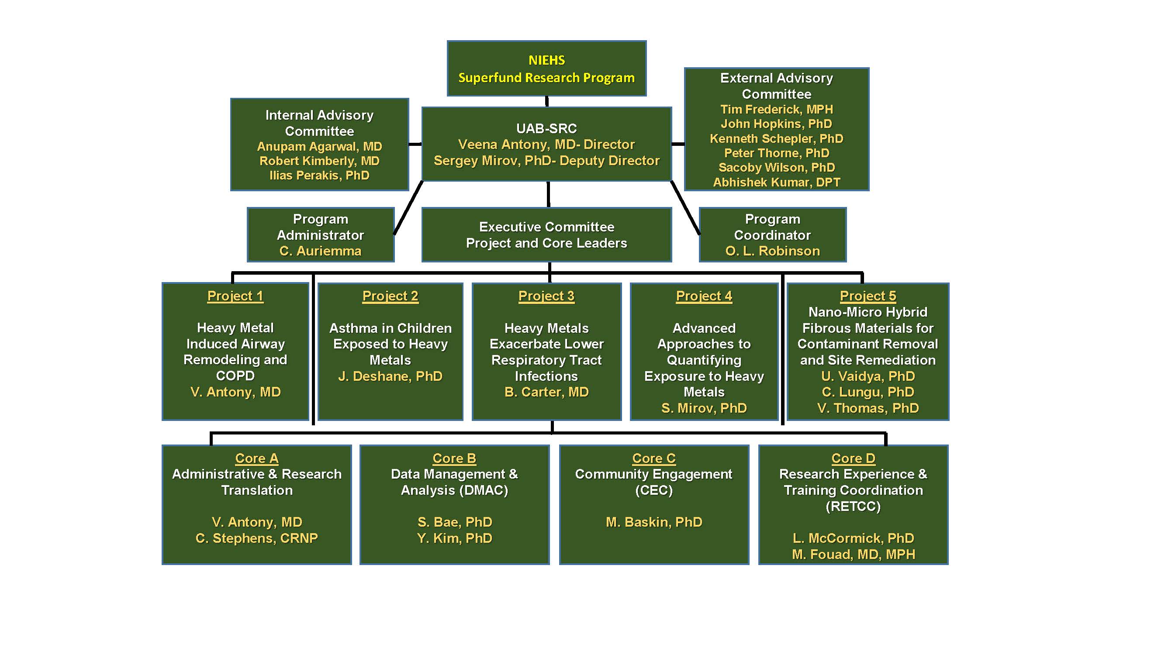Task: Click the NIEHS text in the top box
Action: pos(546,60)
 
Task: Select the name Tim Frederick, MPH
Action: pos(776,110)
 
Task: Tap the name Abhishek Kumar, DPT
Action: pos(776,182)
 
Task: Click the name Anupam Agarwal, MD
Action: pos(319,146)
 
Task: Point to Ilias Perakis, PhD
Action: pos(319,176)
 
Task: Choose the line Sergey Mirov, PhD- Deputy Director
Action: pos(546,160)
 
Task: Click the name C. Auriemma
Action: pos(320,251)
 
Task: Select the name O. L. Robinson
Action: pos(772,251)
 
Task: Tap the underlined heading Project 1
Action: pos(235,296)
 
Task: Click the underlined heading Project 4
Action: pos(704,296)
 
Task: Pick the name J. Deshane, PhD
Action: pos(390,376)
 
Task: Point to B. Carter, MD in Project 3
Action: pos(546,392)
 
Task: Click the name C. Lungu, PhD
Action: pos(868,392)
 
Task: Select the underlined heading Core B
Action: pos(454,458)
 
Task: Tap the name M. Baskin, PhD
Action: pos(653,522)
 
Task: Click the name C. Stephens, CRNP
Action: pos(256,538)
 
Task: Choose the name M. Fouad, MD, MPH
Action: pos(853,554)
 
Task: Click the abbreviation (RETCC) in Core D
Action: pos(853,506)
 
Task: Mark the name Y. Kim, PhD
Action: pos(454,538)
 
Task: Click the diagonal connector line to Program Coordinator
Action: pos(686,208)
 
